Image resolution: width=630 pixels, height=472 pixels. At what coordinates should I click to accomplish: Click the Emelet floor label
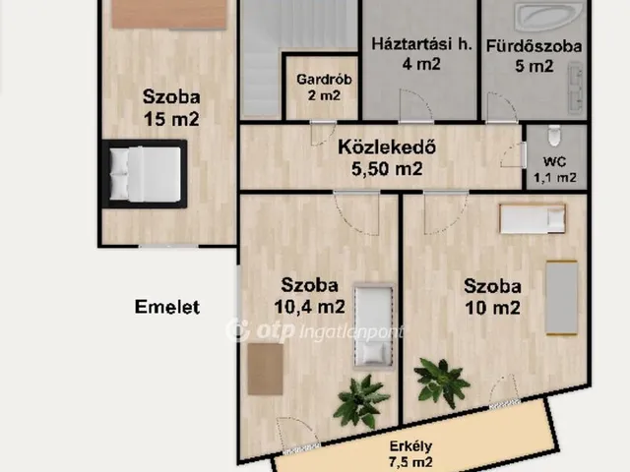pyautogui.click(x=167, y=307)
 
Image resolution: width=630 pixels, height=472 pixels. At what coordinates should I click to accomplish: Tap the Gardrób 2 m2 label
pyautogui.click(x=324, y=88)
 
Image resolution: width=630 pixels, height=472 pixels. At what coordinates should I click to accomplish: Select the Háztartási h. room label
pyautogui.click(x=421, y=44)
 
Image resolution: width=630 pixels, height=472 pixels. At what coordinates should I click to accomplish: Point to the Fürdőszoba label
pyautogui.click(x=534, y=46)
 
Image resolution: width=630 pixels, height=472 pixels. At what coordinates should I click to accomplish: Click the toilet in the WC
pyautogui.click(x=554, y=136)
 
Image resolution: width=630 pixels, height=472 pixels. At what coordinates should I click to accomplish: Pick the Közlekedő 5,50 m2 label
pyautogui.click(x=387, y=158)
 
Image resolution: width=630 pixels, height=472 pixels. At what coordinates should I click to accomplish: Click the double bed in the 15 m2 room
pyautogui.click(x=145, y=174)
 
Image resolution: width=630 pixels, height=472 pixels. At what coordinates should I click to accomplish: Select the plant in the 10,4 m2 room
pyautogui.click(x=360, y=401)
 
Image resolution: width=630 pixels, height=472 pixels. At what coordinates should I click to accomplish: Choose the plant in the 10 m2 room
pyautogui.click(x=441, y=383)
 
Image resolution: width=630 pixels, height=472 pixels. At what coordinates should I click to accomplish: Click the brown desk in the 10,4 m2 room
pyautogui.click(x=265, y=370)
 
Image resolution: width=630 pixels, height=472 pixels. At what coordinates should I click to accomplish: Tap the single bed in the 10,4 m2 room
pyautogui.click(x=373, y=325)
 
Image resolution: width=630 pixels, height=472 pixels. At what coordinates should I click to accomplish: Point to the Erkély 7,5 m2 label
pyautogui.click(x=410, y=454)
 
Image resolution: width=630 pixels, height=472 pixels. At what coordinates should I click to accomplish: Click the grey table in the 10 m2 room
pyautogui.click(x=562, y=298)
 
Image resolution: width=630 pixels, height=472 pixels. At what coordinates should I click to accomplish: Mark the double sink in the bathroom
pyautogui.click(x=575, y=88)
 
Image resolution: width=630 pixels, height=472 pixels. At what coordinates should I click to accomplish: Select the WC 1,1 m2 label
pyautogui.click(x=555, y=170)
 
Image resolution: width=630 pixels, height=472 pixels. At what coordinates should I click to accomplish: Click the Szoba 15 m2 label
pyautogui.click(x=171, y=108)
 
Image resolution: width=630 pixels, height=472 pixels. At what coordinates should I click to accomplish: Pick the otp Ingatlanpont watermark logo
pyautogui.click(x=314, y=330)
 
